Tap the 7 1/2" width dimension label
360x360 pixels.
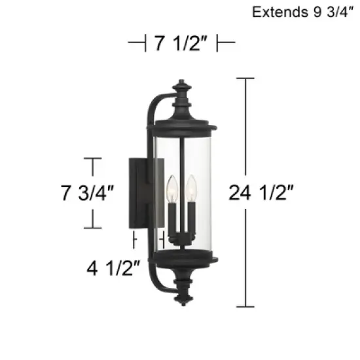(x=181, y=44)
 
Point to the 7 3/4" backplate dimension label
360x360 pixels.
(x=87, y=192)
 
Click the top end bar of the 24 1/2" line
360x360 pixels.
(x=245, y=79)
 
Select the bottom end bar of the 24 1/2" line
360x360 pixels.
(x=245, y=306)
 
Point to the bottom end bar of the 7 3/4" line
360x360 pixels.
(x=93, y=227)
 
